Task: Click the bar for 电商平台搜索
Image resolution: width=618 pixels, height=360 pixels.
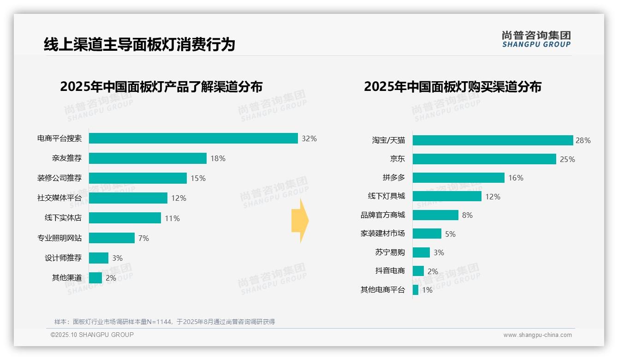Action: [193, 138]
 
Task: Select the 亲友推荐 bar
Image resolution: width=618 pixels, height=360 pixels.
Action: [148, 158]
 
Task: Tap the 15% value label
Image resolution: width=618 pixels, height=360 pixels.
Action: [198, 178]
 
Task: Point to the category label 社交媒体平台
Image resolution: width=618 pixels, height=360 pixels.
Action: [59, 198]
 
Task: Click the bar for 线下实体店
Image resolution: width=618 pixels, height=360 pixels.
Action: [125, 218]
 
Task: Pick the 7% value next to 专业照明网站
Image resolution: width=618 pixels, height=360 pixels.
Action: [143, 238]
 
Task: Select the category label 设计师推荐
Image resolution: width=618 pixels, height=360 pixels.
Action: [63, 258]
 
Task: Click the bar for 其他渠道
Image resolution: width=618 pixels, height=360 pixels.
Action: [95, 278]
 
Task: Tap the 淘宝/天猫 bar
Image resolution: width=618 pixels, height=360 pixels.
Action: [493, 140]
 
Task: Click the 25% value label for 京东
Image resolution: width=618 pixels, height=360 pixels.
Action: [567, 159]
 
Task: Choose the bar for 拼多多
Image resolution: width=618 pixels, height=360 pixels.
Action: [458, 178]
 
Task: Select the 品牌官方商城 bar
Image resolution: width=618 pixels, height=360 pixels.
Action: [435, 215]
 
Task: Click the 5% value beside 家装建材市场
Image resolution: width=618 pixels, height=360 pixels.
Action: [450, 234]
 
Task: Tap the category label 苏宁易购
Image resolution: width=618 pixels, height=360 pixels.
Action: [390, 252]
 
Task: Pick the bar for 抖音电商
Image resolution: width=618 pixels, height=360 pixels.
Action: [418, 271]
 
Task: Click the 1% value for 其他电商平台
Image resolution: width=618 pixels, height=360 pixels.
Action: [427, 290]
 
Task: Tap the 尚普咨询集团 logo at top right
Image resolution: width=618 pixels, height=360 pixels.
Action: [536, 39]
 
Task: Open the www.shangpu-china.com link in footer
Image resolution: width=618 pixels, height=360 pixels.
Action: [537, 335]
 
